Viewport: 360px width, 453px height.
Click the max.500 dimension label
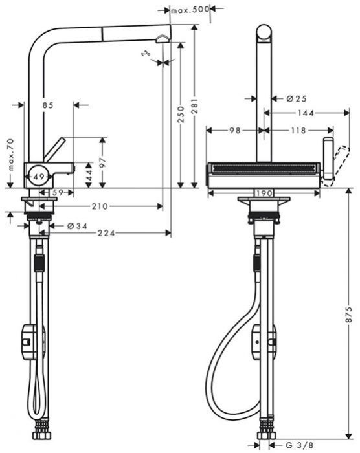(189, 10)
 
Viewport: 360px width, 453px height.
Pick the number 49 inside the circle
(39, 175)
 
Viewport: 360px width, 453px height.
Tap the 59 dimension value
(57, 192)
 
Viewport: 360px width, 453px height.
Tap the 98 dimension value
(235, 130)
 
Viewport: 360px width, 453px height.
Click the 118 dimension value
(297, 130)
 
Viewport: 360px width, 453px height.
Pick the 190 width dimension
(264, 193)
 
